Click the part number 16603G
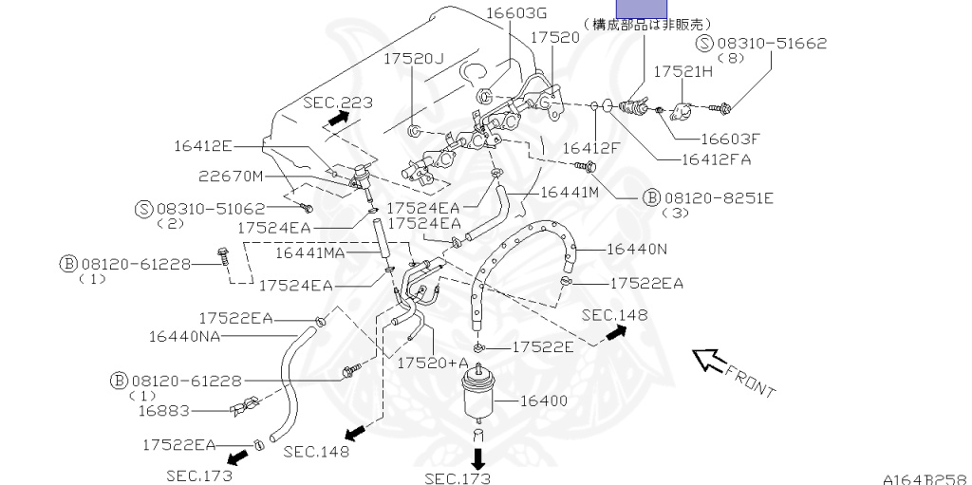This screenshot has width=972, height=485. (517, 13)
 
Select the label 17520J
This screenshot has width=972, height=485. (414, 59)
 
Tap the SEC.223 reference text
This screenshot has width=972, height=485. (338, 103)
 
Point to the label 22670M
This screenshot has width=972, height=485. (232, 175)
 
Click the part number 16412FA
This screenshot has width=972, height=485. (715, 159)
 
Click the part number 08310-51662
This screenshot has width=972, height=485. (773, 43)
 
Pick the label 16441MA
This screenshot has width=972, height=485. (310, 253)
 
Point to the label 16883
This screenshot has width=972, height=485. (163, 411)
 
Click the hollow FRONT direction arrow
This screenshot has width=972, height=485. (708, 361)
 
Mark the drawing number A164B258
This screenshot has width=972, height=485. (925, 478)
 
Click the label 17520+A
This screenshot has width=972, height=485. (433, 364)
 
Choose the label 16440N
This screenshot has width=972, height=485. (636, 250)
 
